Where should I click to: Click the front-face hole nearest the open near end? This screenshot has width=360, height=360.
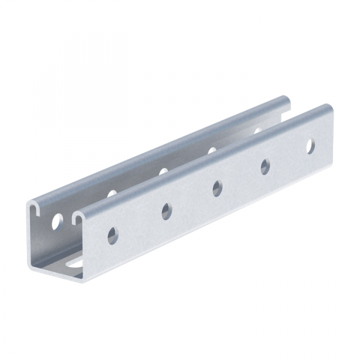(113, 236)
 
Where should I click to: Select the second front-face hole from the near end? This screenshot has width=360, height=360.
(166, 211)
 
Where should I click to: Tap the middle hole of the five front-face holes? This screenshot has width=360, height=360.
(217, 188)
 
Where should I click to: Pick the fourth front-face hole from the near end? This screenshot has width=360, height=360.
(265, 167)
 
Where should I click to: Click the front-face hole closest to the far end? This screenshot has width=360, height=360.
(311, 146)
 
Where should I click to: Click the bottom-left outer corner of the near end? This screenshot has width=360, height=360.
(30, 265)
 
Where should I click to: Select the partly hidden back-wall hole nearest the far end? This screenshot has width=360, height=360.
(258, 129)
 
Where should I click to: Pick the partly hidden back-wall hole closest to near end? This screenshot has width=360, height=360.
(112, 193)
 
